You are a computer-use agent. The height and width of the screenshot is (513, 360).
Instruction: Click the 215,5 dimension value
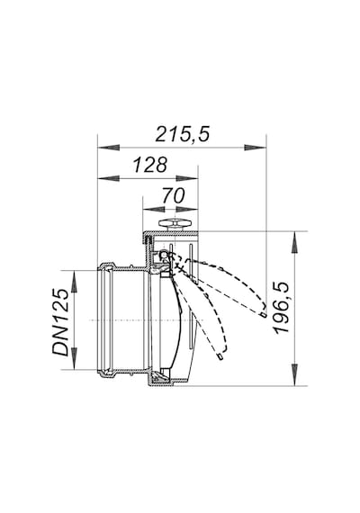pos(182,134)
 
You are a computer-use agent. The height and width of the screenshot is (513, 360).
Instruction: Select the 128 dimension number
pos(150,165)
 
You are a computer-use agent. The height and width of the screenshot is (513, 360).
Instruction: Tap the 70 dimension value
pos(173,195)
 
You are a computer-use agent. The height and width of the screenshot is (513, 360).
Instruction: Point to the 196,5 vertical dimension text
pos(282,308)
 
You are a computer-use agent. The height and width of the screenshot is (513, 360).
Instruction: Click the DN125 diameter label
pos(61,322)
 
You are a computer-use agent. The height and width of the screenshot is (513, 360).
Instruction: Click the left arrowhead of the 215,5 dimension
pos(109,148)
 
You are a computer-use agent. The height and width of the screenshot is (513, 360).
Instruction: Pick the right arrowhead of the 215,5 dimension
pos(255,148)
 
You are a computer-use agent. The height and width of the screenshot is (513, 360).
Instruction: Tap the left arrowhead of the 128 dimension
pos(109,178)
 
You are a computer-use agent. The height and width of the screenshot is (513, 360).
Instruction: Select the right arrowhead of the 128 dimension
pos(187,178)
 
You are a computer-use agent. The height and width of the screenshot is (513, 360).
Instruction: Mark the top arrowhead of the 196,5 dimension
pos(295,242)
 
